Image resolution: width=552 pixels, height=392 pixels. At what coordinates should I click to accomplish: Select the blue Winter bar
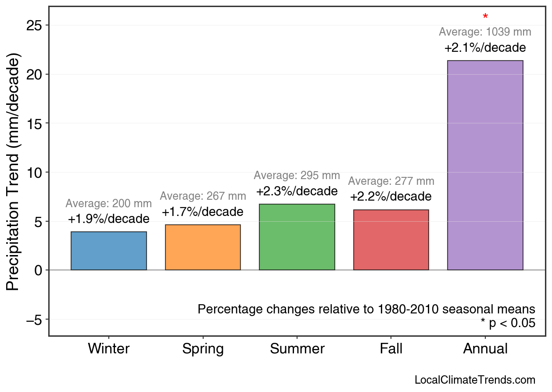[109, 251]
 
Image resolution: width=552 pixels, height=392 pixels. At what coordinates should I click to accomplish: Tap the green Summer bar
[297, 237]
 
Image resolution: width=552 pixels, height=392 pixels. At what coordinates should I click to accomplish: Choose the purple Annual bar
[485, 165]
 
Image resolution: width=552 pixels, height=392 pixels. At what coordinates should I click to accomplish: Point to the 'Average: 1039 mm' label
[485, 32]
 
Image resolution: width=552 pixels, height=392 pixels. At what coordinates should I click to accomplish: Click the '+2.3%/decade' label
[297, 192]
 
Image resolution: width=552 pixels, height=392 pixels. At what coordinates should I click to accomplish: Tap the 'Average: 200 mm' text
[109, 204]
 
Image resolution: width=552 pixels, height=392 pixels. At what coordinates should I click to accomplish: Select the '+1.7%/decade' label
[203, 212]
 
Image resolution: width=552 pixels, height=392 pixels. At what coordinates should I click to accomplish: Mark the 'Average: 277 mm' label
[391, 181]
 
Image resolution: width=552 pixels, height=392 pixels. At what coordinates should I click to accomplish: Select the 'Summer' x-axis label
[297, 349]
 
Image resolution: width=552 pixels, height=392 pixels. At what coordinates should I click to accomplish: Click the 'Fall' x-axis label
[391, 349]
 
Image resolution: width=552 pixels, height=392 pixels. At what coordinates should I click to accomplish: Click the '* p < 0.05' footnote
[508, 323]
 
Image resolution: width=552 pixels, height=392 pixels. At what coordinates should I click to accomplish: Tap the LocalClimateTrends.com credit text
[475, 380]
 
